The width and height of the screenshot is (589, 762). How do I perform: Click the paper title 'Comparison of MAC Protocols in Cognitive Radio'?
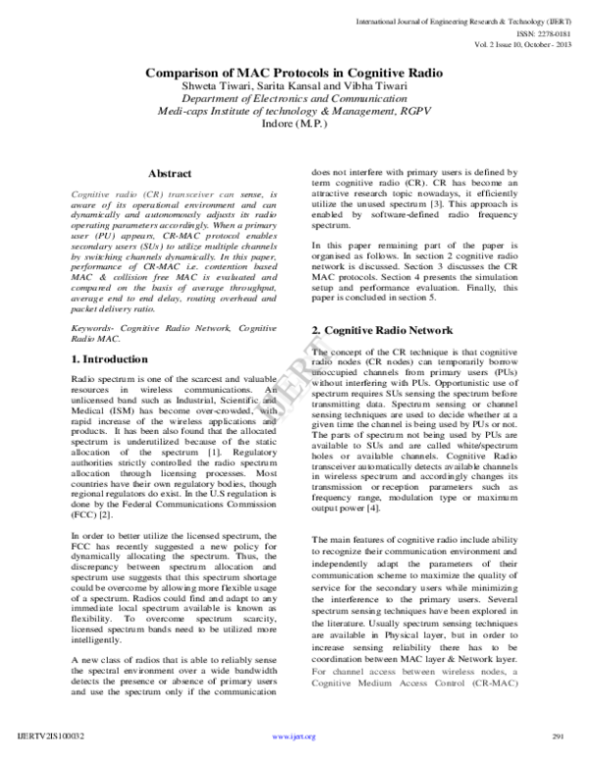[294, 72]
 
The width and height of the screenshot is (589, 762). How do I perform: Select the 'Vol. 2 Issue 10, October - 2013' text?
[511, 45]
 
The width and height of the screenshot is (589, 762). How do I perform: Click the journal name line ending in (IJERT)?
[472, 19]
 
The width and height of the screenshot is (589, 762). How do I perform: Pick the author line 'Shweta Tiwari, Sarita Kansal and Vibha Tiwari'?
[294, 87]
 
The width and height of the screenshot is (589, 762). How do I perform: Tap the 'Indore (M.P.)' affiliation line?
[294, 129]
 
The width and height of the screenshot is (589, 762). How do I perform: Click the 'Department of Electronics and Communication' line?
[294, 101]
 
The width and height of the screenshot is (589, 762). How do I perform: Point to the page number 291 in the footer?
[561, 736]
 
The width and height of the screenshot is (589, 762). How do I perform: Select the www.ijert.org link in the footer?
[293, 736]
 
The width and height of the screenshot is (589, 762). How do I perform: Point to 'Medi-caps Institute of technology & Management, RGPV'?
[294, 115]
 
